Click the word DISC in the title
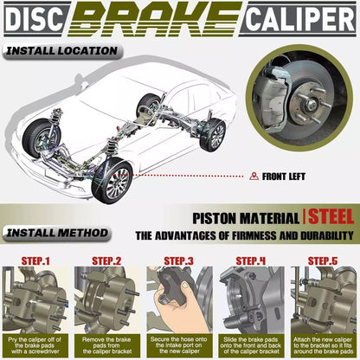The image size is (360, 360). click(34, 19)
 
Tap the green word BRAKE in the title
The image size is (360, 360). click(155, 19)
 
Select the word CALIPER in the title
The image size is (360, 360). click(301, 19)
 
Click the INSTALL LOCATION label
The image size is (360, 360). click(61, 51)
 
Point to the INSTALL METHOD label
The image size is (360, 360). click(57, 233)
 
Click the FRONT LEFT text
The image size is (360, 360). click(284, 177)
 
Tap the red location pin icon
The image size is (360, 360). click(254, 177)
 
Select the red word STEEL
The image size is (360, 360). click(331, 217)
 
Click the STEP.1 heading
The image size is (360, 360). click(35, 261)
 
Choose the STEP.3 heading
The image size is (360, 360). click(178, 261)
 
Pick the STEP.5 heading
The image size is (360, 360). click(323, 261)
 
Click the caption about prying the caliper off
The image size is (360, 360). click(35, 345)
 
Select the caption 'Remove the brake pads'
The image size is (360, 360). click(107, 345)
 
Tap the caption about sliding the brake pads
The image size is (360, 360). click(251, 345)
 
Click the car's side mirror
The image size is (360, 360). click(80, 80)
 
